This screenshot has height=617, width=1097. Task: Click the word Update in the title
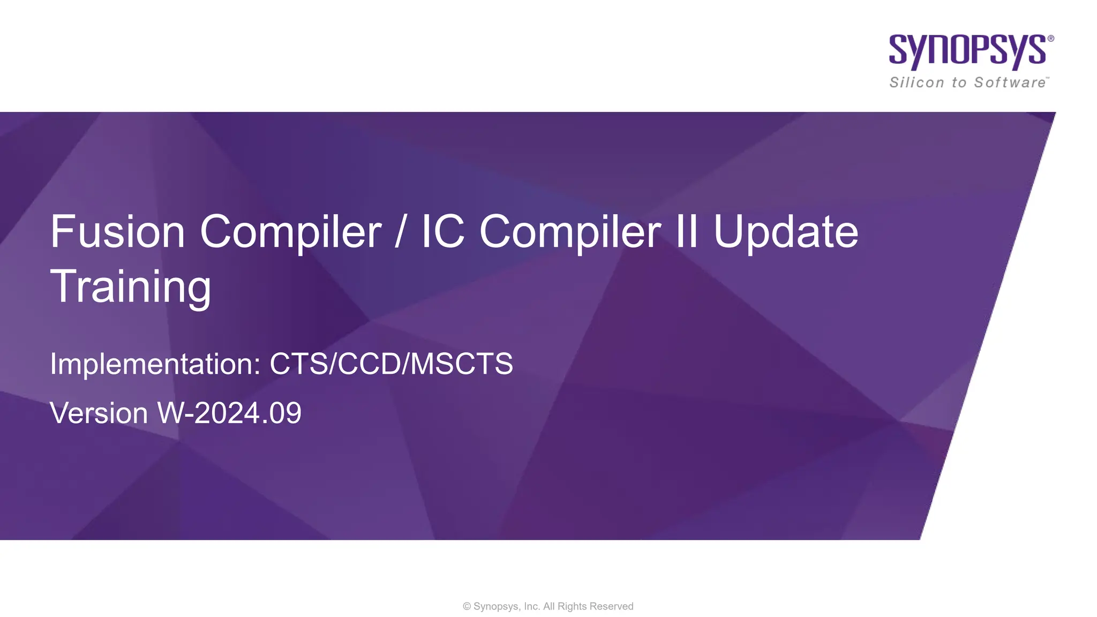pyautogui.click(x=786, y=232)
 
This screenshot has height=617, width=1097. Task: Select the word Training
pyautogui.click(x=131, y=287)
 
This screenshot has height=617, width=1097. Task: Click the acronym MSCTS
pyautogui.click(x=461, y=364)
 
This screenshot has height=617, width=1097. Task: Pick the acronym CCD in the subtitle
pyautogui.click(x=370, y=364)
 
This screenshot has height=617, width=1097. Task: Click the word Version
pyautogui.click(x=99, y=413)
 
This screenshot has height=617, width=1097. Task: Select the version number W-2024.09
pyautogui.click(x=229, y=413)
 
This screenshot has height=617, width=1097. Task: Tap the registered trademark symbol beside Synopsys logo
pyautogui.click(x=1051, y=39)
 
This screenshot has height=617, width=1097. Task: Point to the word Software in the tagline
pyautogui.click(x=1010, y=82)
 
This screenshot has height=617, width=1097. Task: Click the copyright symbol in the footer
pyautogui.click(x=467, y=606)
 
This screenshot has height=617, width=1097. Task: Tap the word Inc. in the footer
pyautogui.click(x=532, y=606)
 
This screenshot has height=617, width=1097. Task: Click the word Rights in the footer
pyautogui.click(x=572, y=606)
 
